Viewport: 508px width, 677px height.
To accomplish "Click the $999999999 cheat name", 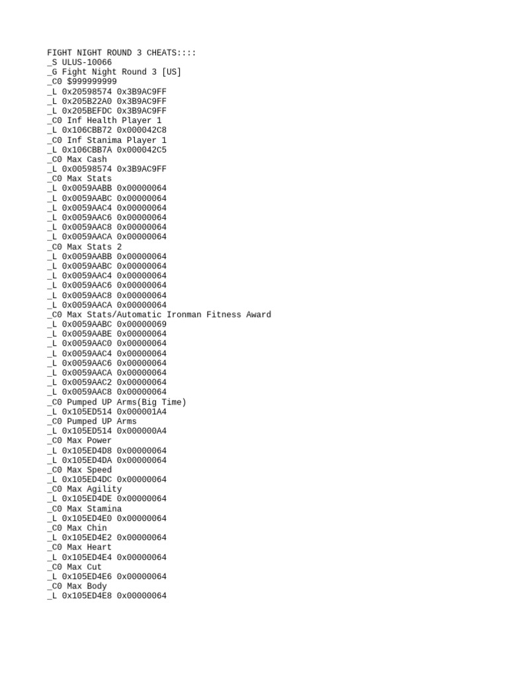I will pos(92,81).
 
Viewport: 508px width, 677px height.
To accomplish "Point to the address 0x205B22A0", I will pos(87,101).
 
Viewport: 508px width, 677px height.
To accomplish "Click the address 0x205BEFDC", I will pos(87,111).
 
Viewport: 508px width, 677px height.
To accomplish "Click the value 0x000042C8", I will pos(142,130).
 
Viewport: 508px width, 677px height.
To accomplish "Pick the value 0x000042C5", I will pos(142,149).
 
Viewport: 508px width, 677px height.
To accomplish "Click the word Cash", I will pos(97,159).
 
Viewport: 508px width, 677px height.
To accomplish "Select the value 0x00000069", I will pos(142,325).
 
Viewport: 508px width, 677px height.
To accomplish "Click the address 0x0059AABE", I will pos(87,334).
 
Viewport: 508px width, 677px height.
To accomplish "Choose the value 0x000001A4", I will pos(142,411).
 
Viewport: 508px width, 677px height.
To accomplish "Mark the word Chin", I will pos(97,528).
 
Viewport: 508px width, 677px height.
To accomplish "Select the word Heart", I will pos(99,547).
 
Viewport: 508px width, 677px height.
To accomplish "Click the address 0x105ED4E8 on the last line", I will pos(87,596).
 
